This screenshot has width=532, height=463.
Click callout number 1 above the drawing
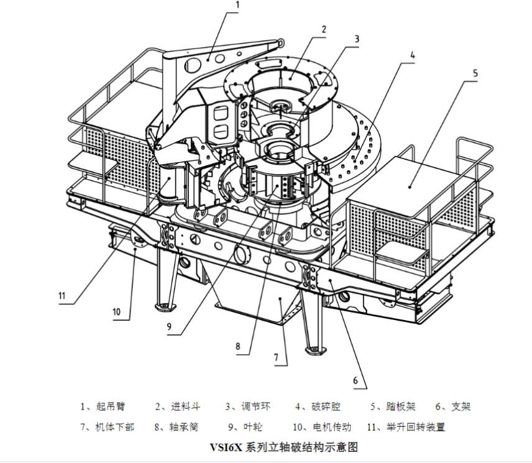pos(237,5)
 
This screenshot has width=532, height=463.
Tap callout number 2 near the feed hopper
pos(324,29)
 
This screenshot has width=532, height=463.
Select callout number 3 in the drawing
pos(357,39)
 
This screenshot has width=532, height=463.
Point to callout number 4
pos(411,55)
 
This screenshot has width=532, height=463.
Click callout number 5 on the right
pos(475,73)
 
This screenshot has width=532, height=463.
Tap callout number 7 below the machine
pos(276,359)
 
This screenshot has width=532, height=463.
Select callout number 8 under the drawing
pos(237,347)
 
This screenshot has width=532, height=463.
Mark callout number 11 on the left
pos(62,295)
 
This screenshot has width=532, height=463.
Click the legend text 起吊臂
pos(111,407)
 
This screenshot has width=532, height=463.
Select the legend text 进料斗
pos(186,407)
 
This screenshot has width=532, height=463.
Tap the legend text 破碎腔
pos(326,407)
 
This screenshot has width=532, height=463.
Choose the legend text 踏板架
pos(401,407)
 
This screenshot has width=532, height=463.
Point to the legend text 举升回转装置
pos(415,427)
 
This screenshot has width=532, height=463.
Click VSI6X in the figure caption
pos(226,447)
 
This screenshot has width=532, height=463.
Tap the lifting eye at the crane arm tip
pos(282,42)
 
